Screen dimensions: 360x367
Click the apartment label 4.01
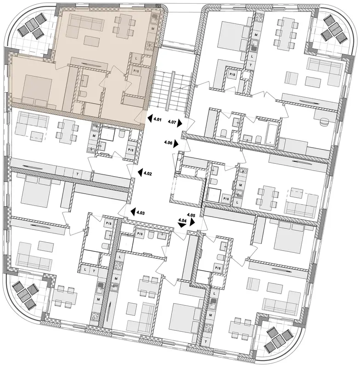point(157,120)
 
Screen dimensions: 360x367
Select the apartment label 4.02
point(148,174)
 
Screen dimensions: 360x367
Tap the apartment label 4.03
point(141,213)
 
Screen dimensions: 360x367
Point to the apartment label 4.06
point(169,142)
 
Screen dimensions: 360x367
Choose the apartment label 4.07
point(172,122)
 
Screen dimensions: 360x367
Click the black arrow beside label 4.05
point(192,222)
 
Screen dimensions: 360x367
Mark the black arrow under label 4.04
point(182,225)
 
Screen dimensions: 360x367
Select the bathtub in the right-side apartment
point(271,134)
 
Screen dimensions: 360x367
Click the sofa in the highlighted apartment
point(85,23)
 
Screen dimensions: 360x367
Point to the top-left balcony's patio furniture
point(31,26)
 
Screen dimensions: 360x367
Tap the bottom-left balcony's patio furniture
point(26,295)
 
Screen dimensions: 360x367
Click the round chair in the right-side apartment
point(325,122)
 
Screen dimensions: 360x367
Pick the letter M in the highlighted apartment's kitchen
point(153,28)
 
